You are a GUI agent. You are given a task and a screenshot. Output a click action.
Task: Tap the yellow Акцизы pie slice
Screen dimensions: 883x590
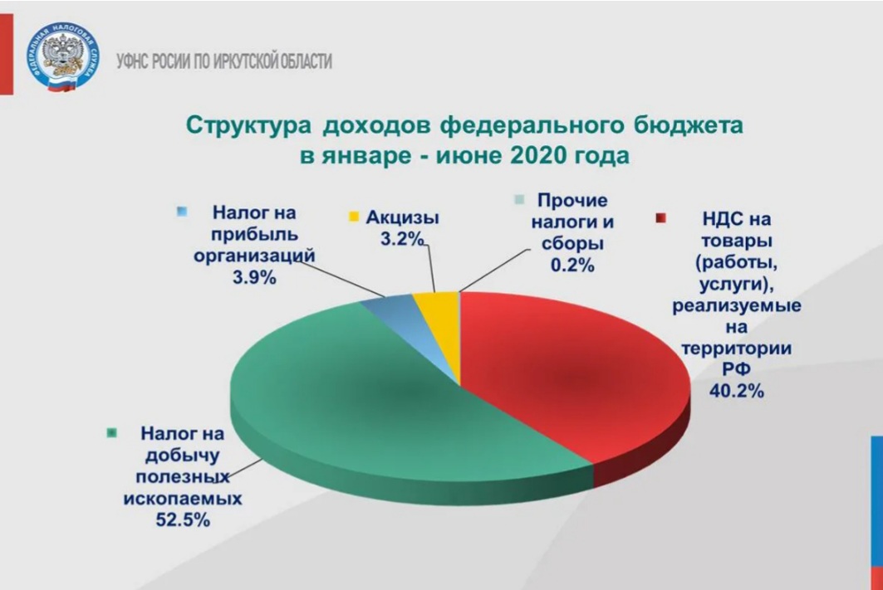(442, 326)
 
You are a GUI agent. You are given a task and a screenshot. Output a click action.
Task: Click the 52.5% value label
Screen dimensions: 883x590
(183, 519)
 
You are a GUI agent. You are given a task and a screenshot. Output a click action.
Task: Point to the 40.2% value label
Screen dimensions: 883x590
(736, 390)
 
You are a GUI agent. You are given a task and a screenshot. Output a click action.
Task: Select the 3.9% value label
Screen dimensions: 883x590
(254, 276)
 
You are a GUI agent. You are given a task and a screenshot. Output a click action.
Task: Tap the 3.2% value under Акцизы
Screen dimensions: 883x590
(402, 238)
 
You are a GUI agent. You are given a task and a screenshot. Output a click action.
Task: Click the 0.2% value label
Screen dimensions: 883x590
(572, 265)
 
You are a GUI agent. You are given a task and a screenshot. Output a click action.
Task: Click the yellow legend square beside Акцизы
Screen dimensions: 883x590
(354, 217)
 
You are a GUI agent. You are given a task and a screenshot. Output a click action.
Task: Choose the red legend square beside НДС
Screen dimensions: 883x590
(660, 218)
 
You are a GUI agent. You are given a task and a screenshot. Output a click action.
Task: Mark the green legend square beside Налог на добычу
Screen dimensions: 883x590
(112, 433)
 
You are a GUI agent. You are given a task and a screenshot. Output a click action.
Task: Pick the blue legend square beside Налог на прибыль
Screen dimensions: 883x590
(182, 212)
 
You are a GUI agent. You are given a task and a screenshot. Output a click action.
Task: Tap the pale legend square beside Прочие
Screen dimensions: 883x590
(520, 200)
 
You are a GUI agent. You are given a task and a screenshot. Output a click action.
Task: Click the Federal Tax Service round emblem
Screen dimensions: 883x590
(63, 57)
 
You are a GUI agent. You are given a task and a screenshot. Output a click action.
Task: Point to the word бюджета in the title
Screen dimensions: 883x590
(688, 124)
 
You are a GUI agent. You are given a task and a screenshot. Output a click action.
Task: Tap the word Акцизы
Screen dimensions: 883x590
(402, 217)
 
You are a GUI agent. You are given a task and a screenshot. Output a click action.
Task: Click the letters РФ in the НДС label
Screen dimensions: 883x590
(736, 369)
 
